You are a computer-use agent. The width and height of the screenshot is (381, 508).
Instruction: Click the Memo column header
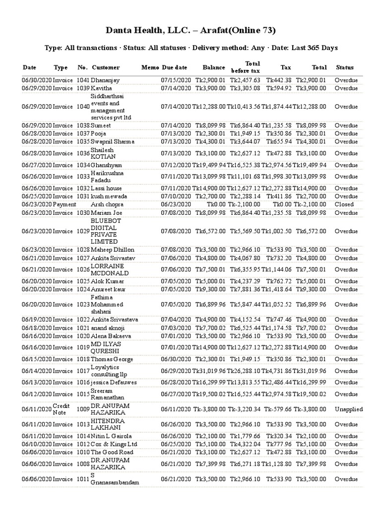click(150, 67)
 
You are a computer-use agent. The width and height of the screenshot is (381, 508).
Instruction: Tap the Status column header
click(345, 67)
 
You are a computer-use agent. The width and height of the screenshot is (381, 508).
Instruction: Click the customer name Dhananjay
click(105, 80)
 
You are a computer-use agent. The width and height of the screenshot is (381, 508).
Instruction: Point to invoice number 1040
click(83, 106)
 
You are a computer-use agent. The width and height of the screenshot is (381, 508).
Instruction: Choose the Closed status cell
click(344, 204)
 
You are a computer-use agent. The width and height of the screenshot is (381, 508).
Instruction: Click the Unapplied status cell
click(348, 410)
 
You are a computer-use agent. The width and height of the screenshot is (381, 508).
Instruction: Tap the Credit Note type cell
click(62, 410)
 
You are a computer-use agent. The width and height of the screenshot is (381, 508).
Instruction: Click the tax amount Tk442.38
click(279, 80)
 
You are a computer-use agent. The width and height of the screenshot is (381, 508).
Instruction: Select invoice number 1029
click(83, 231)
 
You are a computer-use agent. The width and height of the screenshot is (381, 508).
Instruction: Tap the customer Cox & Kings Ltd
click(114, 444)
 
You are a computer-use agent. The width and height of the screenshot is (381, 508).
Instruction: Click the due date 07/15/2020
click(176, 80)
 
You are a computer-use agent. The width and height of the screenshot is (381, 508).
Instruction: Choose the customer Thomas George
click(112, 359)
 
